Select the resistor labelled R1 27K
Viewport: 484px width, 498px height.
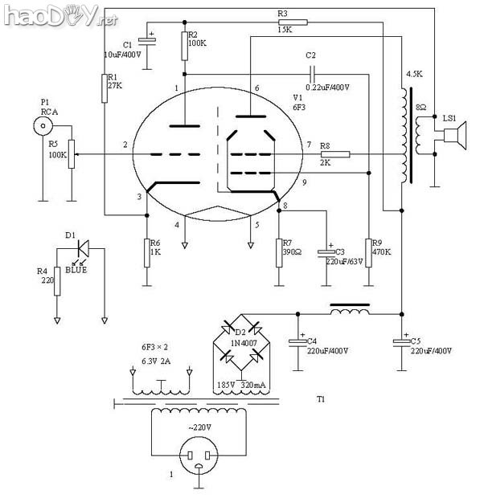click(x=105, y=88)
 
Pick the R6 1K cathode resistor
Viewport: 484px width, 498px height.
click(x=147, y=250)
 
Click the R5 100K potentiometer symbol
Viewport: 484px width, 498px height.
click(x=70, y=154)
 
